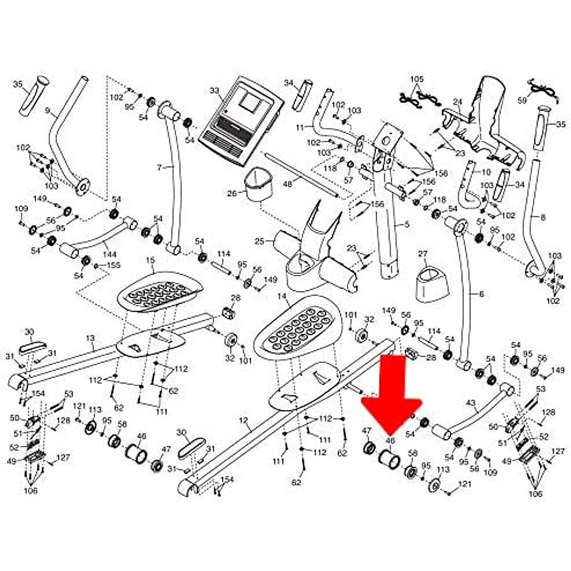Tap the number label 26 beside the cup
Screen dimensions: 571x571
tap(232, 194)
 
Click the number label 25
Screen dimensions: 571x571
tap(259, 242)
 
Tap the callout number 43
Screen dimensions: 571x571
tap(470, 403)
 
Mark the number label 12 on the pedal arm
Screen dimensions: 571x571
tap(243, 421)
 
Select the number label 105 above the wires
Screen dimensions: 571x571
tap(416, 79)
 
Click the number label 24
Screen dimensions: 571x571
tap(457, 102)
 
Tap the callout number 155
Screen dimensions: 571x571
tap(114, 265)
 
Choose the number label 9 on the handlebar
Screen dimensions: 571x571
tap(47, 110)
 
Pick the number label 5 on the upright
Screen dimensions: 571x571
tap(406, 224)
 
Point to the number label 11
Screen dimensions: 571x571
tap(299, 128)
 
